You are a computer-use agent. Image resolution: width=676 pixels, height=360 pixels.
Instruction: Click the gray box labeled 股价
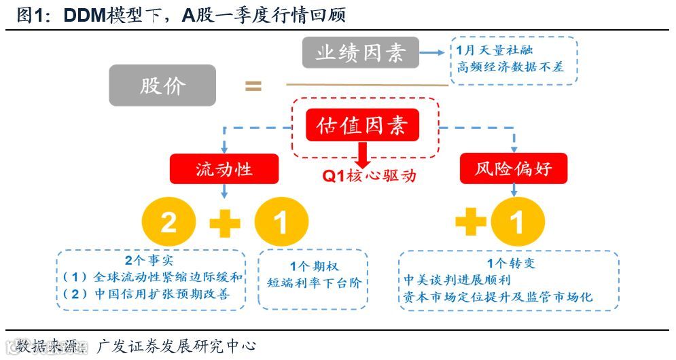click(162, 85)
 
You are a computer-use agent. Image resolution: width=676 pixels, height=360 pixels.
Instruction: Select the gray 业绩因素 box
click(361, 53)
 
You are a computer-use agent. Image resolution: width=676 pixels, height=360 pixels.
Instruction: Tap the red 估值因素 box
click(362, 125)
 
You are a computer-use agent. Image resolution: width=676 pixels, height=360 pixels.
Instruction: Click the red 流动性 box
click(224, 168)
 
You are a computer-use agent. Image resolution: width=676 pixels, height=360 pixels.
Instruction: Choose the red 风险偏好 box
click(514, 168)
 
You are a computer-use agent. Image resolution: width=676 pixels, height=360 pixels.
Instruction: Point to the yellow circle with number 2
click(168, 223)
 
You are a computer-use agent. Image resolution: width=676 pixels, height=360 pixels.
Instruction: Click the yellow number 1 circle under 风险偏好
click(518, 223)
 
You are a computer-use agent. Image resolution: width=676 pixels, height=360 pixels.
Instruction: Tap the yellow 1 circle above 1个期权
click(281, 223)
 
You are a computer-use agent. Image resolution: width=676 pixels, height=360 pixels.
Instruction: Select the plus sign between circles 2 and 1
click(225, 223)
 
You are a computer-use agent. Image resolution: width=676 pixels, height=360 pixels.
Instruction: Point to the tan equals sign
click(253, 86)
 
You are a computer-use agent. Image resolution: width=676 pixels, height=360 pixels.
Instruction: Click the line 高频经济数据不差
click(510, 67)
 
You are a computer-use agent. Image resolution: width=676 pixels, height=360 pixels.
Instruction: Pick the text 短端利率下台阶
click(314, 283)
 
